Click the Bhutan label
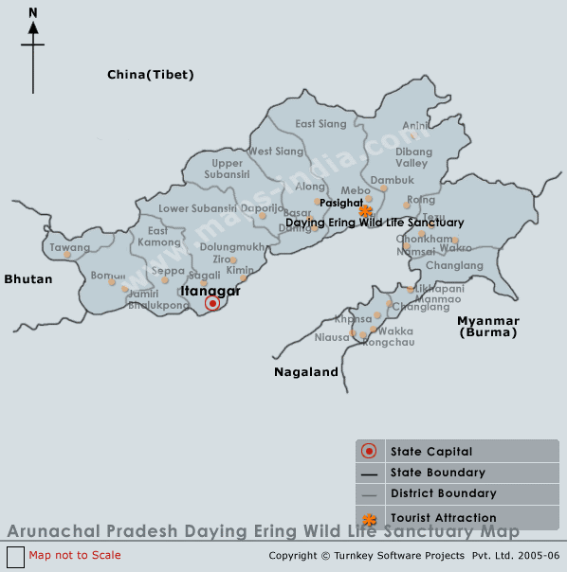pos(28,279)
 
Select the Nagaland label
pos(306,372)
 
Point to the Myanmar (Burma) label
pos(488,327)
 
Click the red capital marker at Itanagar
pos(212,303)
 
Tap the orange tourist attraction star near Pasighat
pos(366,211)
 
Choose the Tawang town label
pos(69,248)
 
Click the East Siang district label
pos(320,124)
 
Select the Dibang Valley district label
pos(412,157)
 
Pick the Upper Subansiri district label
pos(228,169)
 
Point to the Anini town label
pos(415,125)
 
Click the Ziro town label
pos(223,259)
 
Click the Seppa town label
pos(168,271)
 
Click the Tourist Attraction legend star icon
pos(370,518)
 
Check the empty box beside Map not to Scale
pos(15,556)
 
